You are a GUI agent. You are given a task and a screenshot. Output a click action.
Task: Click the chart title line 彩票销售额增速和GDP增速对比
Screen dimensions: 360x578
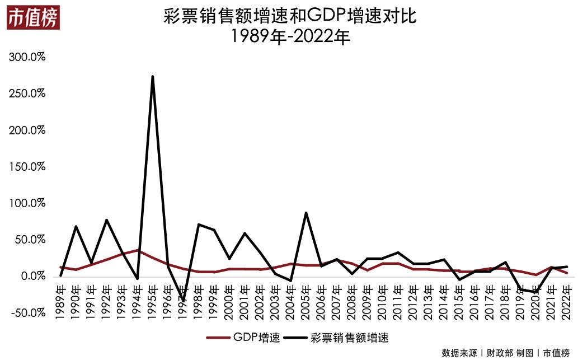tap(289, 16)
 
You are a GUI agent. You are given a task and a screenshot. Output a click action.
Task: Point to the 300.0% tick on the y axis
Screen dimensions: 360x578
tap(26, 57)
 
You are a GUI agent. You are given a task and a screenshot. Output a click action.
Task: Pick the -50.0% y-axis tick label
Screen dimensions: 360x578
tap(26, 312)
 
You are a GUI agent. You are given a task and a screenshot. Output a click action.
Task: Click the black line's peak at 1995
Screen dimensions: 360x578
tap(153, 77)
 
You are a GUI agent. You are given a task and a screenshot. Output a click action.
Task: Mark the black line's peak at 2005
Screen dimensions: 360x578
tap(306, 213)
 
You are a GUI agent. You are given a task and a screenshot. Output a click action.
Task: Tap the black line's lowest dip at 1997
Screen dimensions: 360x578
tap(183, 301)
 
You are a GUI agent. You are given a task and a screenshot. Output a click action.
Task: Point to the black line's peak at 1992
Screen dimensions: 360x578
tap(106, 220)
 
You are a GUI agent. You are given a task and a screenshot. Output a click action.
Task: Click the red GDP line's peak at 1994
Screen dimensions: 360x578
tap(137, 250)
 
